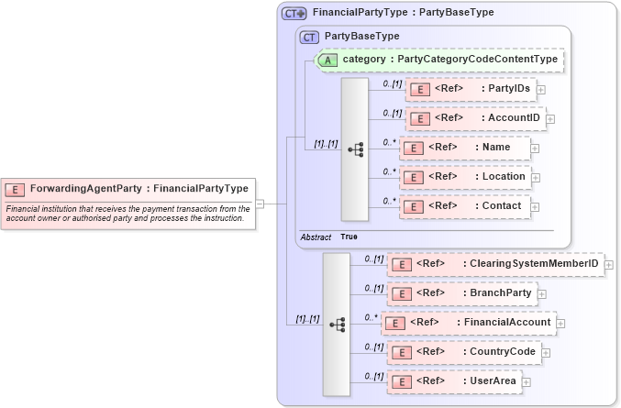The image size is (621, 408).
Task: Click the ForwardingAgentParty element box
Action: (x=128, y=189)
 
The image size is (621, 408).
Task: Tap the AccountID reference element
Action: (x=475, y=118)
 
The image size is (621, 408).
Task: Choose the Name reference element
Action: (x=464, y=148)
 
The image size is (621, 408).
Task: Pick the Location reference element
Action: (x=464, y=177)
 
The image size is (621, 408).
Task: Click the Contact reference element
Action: (x=464, y=206)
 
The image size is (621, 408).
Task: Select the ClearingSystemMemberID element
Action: (x=495, y=264)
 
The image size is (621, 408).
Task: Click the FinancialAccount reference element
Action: (x=468, y=323)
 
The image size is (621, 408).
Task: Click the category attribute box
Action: (x=439, y=60)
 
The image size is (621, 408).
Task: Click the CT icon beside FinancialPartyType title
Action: (x=294, y=14)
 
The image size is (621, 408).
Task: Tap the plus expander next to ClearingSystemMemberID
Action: (x=609, y=265)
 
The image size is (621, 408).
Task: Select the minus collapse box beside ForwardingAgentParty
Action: (x=260, y=204)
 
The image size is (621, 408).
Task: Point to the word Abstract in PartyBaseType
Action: (x=316, y=237)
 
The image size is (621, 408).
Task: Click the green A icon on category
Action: (x=326, y=60)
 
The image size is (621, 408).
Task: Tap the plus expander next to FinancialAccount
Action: (x=560, y=324)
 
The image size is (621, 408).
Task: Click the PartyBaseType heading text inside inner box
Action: (x=362, y=37)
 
